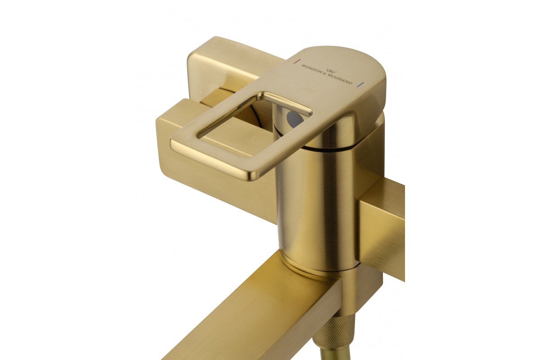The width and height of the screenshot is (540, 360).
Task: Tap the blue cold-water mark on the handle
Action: point(361,85)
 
